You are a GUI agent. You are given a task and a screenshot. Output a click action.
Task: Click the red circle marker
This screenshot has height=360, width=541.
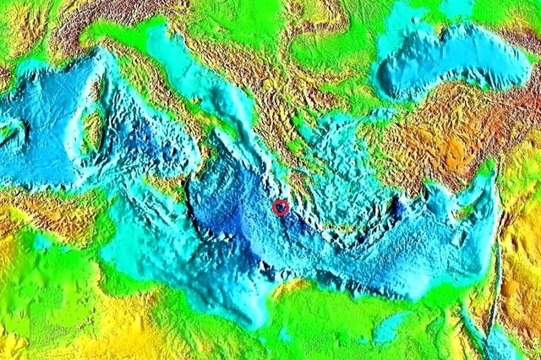click(281, 206)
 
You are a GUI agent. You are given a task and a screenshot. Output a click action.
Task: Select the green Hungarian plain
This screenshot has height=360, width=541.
click(245, 25)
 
